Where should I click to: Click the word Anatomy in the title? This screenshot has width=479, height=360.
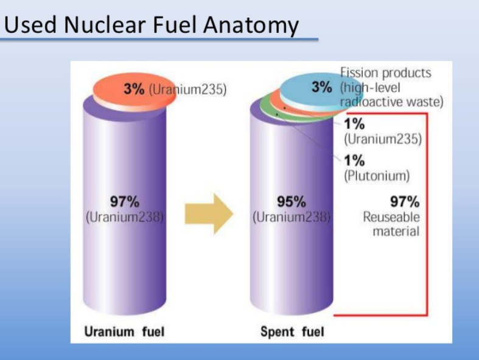click(251, 26)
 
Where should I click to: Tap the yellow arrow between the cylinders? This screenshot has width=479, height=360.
click(209, 213)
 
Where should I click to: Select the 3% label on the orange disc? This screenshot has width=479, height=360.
click(134, 89)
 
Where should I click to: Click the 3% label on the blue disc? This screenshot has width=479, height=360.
click(322, 87)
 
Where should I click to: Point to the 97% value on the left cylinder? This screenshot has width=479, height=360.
click(125, 201)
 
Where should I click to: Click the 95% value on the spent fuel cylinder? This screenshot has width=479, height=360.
click(292, 201)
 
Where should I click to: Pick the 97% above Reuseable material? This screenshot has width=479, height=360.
click(405, 201)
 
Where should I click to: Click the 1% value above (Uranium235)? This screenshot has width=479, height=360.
click(354, 124)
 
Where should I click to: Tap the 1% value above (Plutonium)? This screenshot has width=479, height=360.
click(354, 161)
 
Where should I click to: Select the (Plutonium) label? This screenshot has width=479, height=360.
click(377, 176)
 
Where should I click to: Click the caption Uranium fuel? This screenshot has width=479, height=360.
click(124, 331)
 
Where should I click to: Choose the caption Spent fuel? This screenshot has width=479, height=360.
click(292, 331)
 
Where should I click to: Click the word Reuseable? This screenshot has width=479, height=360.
click(391, 217)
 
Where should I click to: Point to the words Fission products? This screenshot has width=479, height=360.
click(385, 73)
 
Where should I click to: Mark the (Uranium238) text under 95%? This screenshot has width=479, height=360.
click(292, 217)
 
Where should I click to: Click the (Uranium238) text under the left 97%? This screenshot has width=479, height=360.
click(125, 217)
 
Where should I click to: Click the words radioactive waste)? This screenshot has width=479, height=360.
click(391, 102)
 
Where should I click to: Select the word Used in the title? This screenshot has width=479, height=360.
click(30, 24)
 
